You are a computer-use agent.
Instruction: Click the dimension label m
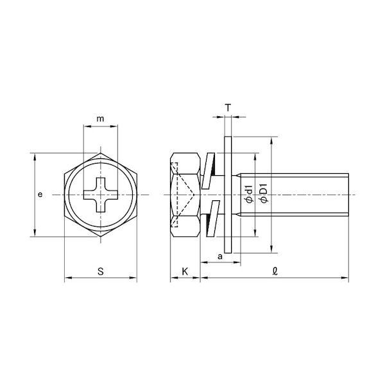coord(100,119)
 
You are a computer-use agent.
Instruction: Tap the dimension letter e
coord(40,194)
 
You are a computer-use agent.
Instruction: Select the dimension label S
coord(101,271)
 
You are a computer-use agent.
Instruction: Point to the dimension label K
coord(185,271)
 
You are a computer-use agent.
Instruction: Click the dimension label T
coord(228,108)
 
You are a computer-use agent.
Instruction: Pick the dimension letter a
coord(220,257)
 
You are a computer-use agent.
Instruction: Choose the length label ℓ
coord(275,271)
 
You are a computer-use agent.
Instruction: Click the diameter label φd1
coord(249,194)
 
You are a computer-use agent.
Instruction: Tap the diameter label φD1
coord(264,193)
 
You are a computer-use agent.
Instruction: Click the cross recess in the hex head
coord(101,194)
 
